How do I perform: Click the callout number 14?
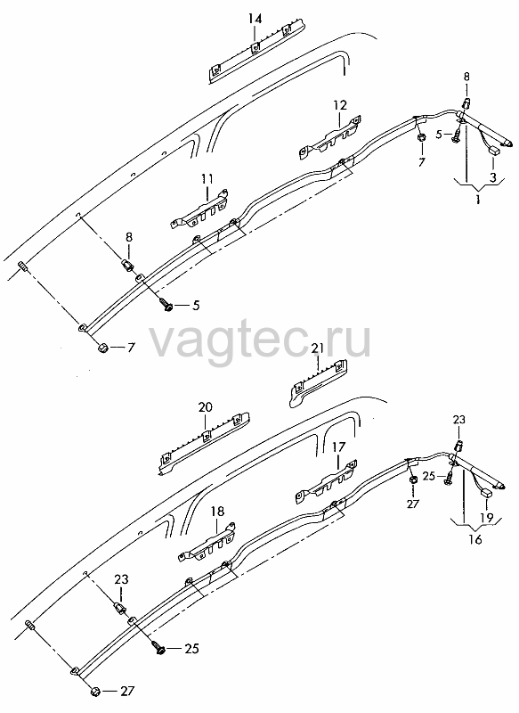pos(255,19)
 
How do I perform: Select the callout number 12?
pos(340,105)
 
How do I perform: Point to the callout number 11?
pos(207,179)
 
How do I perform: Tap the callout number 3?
pos(492,177)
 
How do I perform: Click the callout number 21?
pos(318,348)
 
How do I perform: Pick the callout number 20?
pos(206,406)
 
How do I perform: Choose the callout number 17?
pos(338,447)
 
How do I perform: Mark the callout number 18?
pos(217,511)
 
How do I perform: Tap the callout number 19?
pos(486,518)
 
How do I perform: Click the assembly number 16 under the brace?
pos(475,540)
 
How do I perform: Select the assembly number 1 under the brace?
pos(477,199)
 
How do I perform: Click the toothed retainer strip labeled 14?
pos(257,53)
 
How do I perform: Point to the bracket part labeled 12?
pos(330,136)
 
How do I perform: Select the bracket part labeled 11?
pos(199,210)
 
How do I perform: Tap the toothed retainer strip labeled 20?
pos(205,443)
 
